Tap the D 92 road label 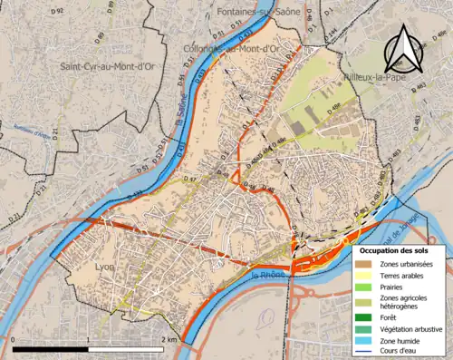[x=58, y=10]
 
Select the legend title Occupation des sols [x=397, y=250]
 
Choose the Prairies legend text [x=393, y=287]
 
